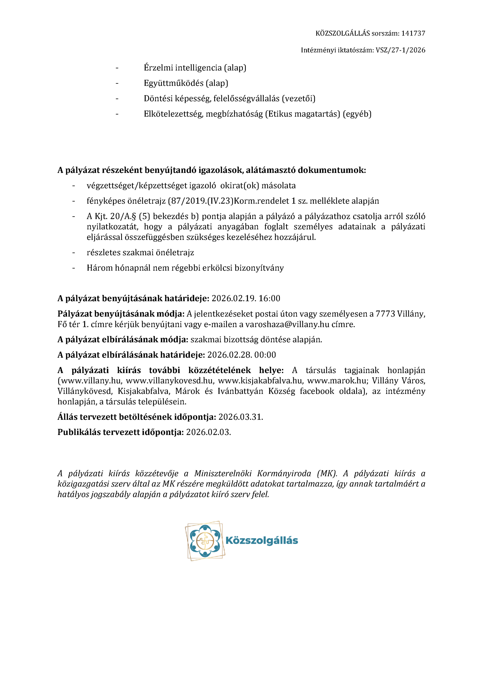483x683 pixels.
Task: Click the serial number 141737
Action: click(x=413, y=33)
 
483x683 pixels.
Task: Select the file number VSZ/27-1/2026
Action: click(x=400, y=50)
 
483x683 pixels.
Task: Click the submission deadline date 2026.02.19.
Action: click(x=233, y=298)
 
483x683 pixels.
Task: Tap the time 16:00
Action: click(x=269, y=298)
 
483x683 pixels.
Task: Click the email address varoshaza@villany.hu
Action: click(x=287, y=324)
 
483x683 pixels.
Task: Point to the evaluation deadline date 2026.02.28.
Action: click(x=229, y=355)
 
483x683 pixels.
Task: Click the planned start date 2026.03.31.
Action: click(x=240, y=417)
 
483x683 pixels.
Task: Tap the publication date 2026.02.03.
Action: click(x=208, y=432)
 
